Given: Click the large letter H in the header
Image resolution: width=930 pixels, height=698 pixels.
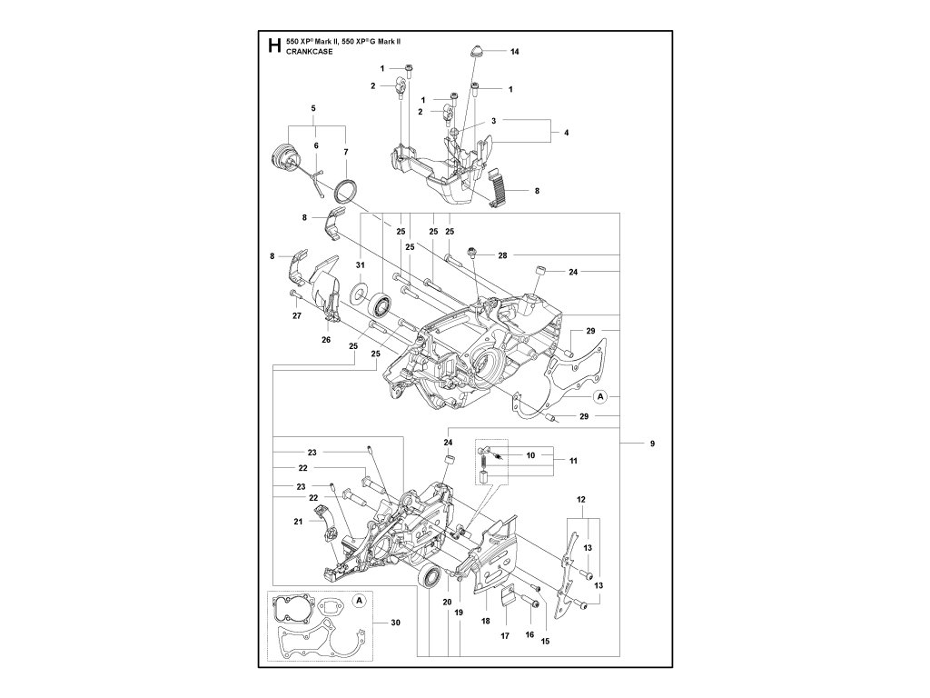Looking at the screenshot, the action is [x=273, y=45].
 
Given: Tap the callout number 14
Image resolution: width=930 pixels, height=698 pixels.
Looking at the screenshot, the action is [x=514, y=52].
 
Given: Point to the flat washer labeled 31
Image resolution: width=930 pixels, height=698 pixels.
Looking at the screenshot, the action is [x=360, y=292].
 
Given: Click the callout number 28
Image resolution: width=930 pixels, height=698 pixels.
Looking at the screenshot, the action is [x=503, y=255].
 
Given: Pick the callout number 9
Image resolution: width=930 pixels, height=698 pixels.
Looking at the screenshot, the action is [x=652, y=444].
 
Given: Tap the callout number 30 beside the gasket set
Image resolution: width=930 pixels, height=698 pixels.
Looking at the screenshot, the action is [x=396, y=622].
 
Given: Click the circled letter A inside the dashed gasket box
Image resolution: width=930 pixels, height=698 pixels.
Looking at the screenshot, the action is [x=359, y=601].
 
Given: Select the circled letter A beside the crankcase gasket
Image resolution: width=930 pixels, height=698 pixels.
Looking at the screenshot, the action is [x=600, y=396].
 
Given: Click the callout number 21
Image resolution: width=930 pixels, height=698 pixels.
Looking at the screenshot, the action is [x=298, y=521].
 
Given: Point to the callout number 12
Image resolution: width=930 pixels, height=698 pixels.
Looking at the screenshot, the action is [x=580, y=499].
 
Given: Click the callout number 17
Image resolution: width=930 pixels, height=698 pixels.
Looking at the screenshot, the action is [x=505, y=635].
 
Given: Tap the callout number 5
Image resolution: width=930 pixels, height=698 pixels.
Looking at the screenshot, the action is [x=313, y=109].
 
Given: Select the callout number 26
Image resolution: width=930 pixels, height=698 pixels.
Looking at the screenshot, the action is [x=326, y=340].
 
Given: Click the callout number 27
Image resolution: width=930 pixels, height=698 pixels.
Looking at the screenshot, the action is [x=297, y=315].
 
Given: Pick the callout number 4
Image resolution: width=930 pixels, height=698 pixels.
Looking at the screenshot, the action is [x=567, y=133].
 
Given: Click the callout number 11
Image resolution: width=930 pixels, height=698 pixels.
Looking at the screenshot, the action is [x=573, y=461].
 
